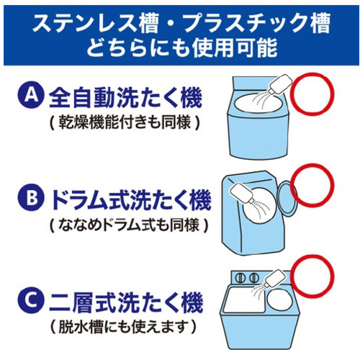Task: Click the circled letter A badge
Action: pyautogui.click(x=31, y=96)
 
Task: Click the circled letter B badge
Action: pyautogui.click(x=31, y=197)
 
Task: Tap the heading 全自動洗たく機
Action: pyautogui.click(x=125, y=98)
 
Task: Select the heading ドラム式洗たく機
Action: pyautogui.click(x=131, y=199)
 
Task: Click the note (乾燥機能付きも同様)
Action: pyautogui.click(x=125, y=122)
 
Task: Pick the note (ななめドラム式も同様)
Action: pyautogui.click(x=129, y=225)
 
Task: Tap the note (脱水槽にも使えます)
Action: pyautogui.click(x=123, y=327)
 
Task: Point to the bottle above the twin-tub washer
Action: pyautogui.click(x=274, y=279)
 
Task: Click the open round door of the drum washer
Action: pyautogui.click(x=287, y=198)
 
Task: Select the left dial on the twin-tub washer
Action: pyautogui.click(x=239, y=278)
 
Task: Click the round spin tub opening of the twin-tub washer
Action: pyautogui.click(x=279, y=300)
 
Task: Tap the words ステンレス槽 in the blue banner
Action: pyautogui.click(x=96, y=23)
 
